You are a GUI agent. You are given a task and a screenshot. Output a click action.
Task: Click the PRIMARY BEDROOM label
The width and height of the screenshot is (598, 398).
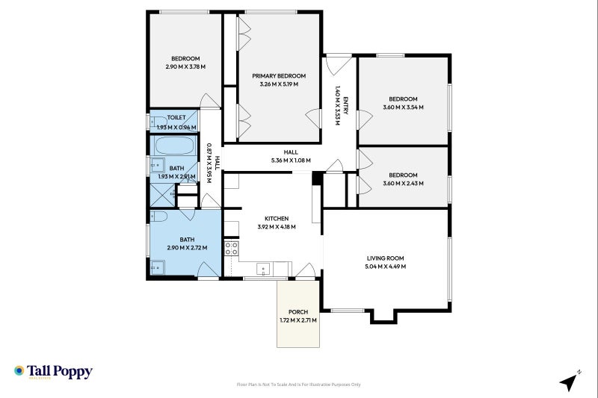(279, 75)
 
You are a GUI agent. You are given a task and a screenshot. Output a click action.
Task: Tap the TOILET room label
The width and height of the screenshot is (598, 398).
(176, 117)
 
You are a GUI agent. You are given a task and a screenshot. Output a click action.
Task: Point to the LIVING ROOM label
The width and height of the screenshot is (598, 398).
(385, 258)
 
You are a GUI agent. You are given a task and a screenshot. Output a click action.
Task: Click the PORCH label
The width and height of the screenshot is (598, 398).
(298, 312)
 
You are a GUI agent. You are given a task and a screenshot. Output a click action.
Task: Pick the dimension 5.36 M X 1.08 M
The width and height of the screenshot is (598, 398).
(291, 160)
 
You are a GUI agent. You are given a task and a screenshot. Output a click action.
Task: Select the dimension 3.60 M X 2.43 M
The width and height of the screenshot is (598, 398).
(403, 184)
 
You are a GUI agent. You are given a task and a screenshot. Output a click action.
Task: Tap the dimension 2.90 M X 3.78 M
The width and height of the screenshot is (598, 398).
(185, 67)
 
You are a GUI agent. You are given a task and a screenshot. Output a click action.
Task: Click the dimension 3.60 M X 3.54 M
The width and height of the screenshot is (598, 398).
(403, 108)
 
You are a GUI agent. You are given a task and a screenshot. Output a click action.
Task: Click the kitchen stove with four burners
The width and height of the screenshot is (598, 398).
(232, 248)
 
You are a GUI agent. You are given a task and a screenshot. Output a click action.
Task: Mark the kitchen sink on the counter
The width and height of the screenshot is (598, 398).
(263, 269)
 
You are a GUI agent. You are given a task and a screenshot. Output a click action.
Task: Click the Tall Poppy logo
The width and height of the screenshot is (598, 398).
(53, 371)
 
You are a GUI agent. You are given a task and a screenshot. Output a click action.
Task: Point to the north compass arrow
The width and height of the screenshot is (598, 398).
(570, 381)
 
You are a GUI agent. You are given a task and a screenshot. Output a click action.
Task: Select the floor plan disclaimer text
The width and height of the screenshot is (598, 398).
(298, 385)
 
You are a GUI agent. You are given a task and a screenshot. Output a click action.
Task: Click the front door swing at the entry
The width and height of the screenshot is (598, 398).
(338, 62)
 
